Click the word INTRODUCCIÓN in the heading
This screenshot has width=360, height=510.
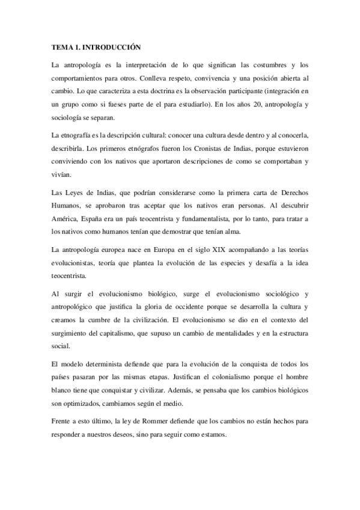pyautogui.click(x=111, y=46)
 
